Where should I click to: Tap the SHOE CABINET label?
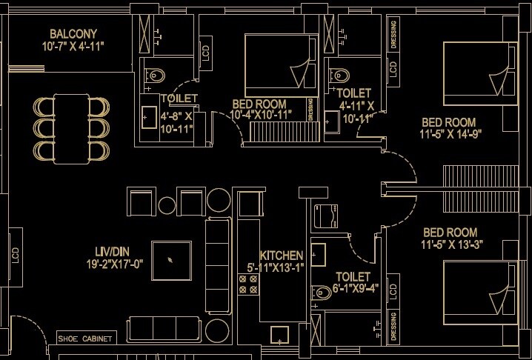87,339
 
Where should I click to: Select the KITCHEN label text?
280,254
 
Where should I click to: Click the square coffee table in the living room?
173,261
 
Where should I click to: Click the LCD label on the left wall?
14,255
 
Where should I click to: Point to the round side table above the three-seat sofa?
219,201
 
